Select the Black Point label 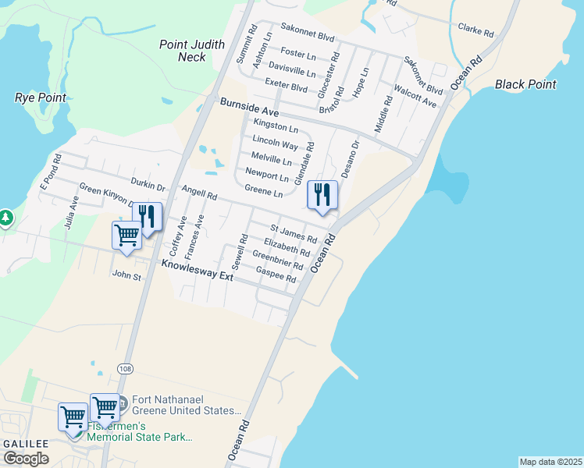[525, 84]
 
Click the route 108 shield [126, 367]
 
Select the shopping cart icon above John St [126, 235]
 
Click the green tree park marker [5, 217]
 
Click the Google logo [26, 459]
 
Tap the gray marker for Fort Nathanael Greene [121, 404]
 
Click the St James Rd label [294, 232]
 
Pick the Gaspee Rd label [276, 274]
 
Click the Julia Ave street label [70, 211]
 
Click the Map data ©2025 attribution [550, 462]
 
